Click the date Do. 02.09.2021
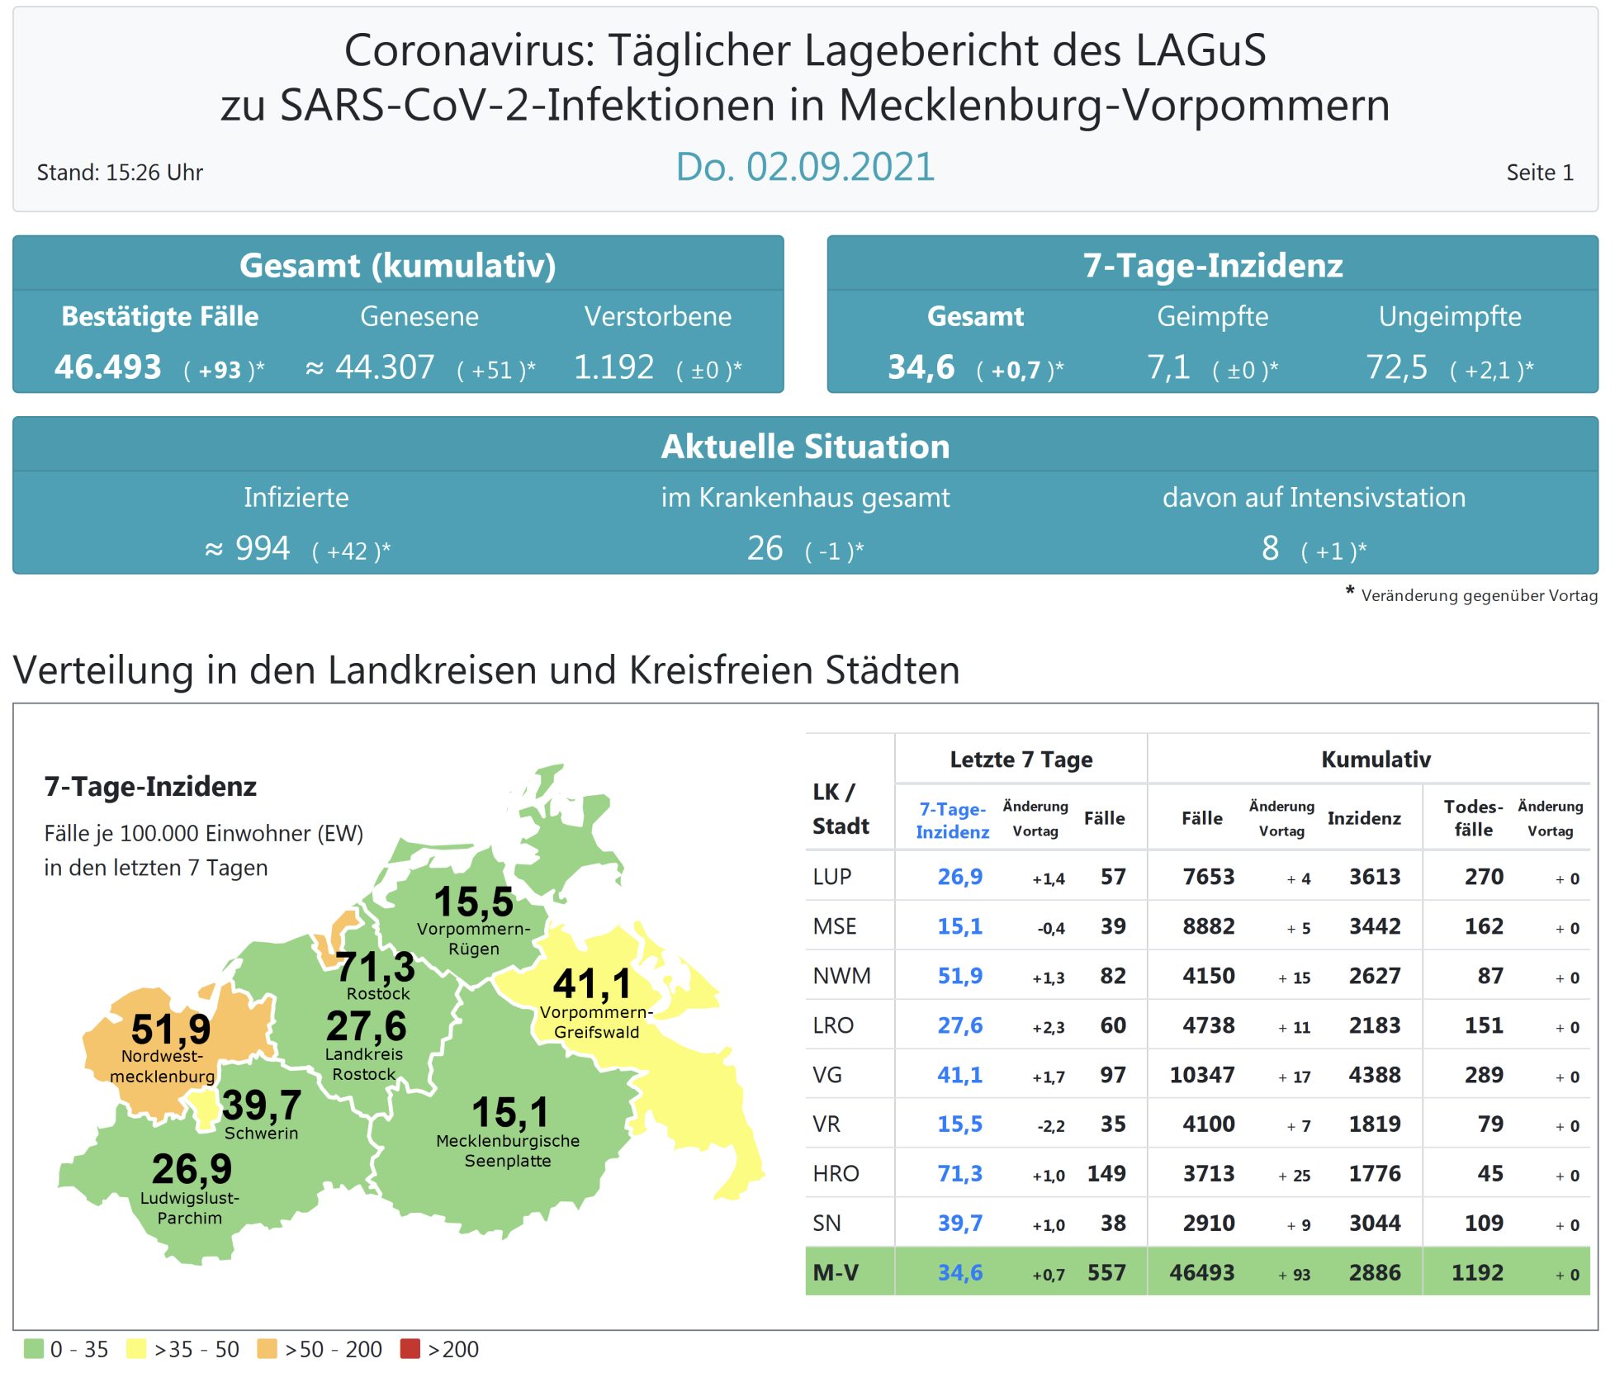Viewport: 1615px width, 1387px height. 805,168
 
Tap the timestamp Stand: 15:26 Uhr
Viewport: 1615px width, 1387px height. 120,173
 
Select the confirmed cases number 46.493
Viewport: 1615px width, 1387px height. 107,367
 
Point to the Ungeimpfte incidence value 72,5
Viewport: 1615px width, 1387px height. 1396,367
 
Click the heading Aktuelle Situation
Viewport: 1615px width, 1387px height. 805,447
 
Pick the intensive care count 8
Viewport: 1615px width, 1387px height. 1270,548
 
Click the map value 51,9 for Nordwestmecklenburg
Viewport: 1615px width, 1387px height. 171,1030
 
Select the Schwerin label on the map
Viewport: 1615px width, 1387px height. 261,1134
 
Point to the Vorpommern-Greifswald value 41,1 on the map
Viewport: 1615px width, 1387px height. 592,984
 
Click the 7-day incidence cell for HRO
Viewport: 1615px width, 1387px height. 959,1173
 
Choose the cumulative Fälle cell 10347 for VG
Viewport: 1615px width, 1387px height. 1201,1075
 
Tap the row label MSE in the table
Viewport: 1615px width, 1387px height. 835,926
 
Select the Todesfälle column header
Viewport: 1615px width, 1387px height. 1473,818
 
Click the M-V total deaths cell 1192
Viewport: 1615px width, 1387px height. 1477,1272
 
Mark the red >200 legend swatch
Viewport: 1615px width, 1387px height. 410,1348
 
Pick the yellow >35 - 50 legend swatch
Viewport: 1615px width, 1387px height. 136,1348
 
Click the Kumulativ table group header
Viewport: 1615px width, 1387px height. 1376,760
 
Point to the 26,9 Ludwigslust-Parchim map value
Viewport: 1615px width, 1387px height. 192,1169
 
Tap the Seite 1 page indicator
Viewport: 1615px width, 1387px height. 1539,173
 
